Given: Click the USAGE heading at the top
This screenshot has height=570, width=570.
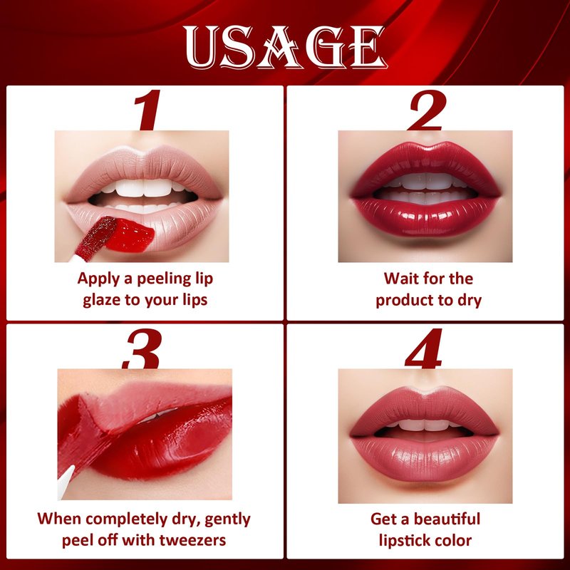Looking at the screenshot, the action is point(284,47).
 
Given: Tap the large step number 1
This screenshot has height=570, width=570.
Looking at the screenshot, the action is point(147,110).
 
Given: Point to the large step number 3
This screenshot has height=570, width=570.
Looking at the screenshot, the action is point(142,348).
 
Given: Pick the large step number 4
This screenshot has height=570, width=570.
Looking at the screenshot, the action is point(424,348).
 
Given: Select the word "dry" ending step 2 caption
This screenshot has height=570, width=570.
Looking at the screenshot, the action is point(470,301).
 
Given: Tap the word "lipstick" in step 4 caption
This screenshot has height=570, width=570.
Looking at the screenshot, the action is point(404,541).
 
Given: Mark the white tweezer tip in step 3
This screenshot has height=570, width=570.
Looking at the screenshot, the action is point(66,482).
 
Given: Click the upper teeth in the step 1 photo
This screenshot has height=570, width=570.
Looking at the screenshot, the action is point(144,187).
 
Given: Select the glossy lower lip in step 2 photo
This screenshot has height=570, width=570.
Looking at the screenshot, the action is point(426,217).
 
